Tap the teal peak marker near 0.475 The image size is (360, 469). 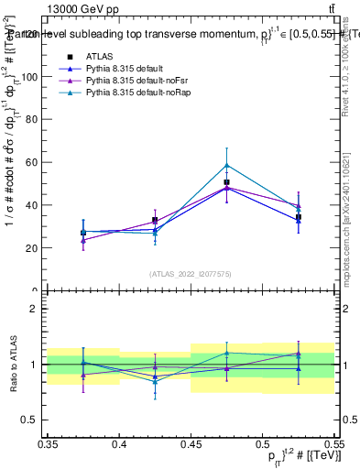click(226, 166)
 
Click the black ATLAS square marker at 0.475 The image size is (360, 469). click(226, 182)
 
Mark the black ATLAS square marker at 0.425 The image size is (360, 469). click(155, 220)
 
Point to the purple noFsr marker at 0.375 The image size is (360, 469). click(83, 240)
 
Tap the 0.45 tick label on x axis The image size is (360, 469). click(191, 444)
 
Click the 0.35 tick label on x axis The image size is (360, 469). click(49, 444)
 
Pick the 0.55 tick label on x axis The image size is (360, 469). click(333, 444)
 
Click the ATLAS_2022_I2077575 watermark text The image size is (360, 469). click(191, 274)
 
